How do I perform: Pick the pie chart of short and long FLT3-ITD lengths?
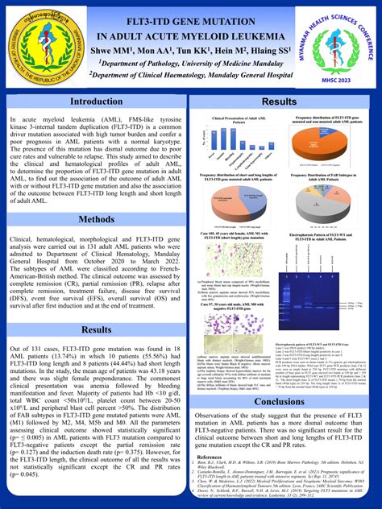point(234,201)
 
